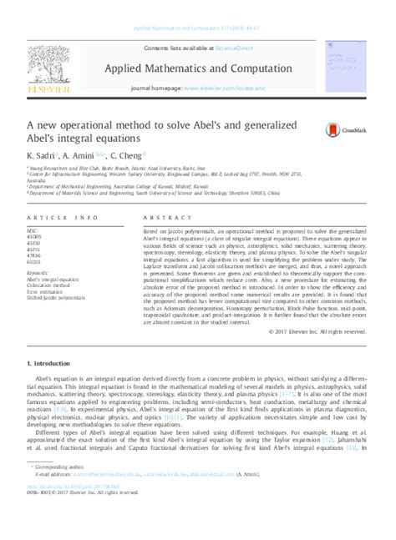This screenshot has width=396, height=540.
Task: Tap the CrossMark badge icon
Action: tap(334, 129)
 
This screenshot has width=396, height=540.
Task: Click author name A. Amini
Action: tap(89, 155)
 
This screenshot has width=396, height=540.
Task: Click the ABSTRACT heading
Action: tap(163, 217)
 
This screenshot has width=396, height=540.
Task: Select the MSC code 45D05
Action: tap(35, 235)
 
